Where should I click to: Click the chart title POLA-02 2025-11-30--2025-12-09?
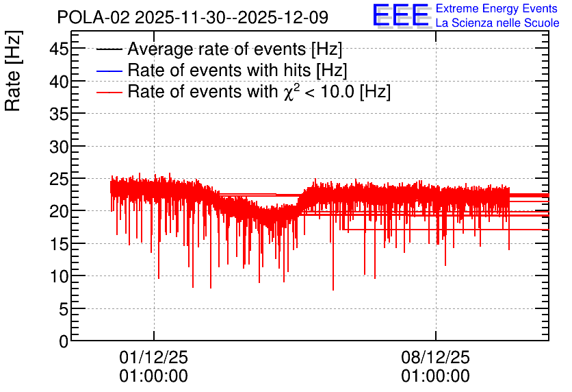point(193,17)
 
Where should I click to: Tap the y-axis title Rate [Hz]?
point(13,71)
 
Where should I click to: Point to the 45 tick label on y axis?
point(59,49)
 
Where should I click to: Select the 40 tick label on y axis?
point(59,81)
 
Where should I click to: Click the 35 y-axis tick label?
point(59,114)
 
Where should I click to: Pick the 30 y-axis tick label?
point(59,146)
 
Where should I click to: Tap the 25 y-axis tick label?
point(59,179)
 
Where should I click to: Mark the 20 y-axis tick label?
point(59,211)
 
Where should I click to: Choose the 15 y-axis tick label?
point(59,244)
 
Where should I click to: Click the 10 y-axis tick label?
point(59,276)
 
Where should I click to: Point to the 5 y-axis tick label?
point(64,309)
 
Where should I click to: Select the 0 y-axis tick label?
point(64,341)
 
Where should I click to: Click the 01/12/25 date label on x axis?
point(153,357)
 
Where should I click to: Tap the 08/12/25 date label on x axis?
point(436,357)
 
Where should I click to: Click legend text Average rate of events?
point(217,49)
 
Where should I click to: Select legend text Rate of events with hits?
point(219,70)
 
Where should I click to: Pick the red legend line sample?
point(109,93)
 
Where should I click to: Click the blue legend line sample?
point(109,71)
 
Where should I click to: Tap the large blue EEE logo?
point(400,15)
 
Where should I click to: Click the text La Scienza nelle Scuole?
point(497,23)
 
